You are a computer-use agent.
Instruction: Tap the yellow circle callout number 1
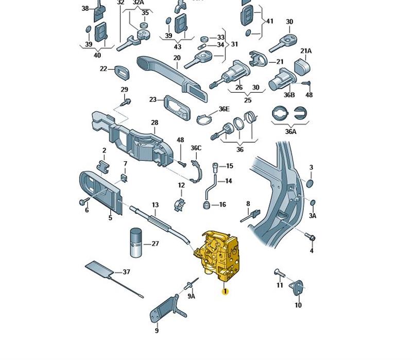pos(225,292)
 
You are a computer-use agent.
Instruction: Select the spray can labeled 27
pos(136,242)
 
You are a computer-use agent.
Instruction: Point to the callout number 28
pos(154,123)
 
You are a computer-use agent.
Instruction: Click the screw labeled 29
pos(126,102)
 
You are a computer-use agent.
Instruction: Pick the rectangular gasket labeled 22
pos(122,72)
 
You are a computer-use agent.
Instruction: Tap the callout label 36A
pos(290,131)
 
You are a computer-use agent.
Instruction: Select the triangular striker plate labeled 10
pos(297,287)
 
